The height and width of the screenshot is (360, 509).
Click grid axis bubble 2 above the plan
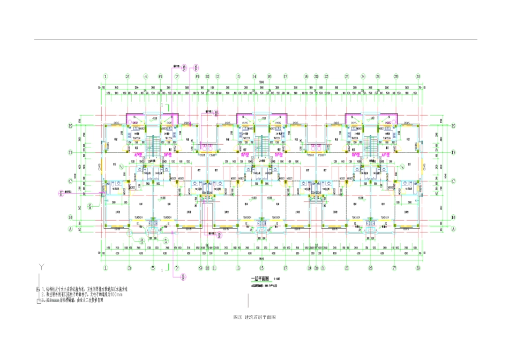pyautogui.click(x=128, y=77)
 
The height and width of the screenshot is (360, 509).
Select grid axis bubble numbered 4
pyautogui.click(x=145, y=77)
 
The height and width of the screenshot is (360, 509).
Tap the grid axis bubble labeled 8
pyautogui.click(x=197, y=77)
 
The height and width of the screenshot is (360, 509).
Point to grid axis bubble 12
pyautogui.click(x=218, y=77)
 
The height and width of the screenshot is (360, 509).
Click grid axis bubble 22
pyautogui.click(x=326, y=77)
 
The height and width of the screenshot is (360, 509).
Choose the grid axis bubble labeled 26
pyautogui.click(x=378, y=77)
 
